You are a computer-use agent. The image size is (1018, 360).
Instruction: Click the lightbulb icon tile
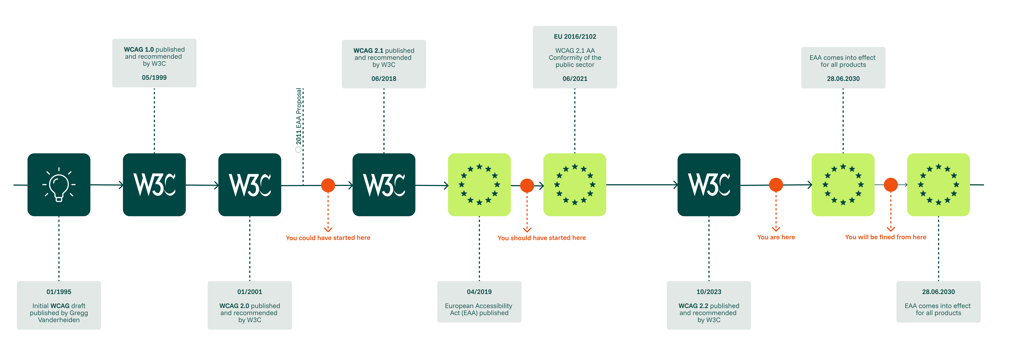59,184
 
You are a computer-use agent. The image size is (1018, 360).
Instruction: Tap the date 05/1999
154,78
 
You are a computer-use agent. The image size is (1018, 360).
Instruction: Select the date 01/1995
59,292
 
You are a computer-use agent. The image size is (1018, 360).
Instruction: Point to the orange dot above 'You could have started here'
328,185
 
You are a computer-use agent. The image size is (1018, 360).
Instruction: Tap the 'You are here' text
776,237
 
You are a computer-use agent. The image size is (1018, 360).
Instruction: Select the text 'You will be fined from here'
885,237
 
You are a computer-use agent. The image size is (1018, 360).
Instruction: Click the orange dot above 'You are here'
776,184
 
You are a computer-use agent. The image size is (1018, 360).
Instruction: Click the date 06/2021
575,79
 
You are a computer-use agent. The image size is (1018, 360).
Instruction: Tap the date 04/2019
479,292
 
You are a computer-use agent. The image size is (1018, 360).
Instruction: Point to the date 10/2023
709,292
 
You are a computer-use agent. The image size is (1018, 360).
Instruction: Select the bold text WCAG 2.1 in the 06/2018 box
368,51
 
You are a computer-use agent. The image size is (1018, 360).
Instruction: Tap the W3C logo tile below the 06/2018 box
384,184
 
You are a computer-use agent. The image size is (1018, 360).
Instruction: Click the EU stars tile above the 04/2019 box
479,184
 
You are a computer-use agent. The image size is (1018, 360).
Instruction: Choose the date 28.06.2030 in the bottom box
938,292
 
